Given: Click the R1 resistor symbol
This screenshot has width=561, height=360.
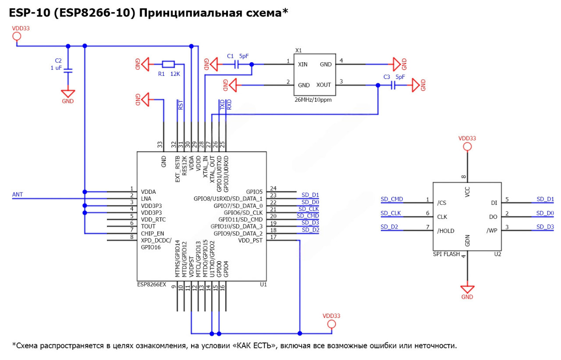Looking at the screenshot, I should [x=168, y=64].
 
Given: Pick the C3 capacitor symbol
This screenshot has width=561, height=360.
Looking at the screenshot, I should [x=393, y=86].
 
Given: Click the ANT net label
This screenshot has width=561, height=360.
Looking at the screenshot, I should [x=18, y=195].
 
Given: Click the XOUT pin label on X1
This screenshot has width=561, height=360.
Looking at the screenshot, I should [x=324, y=86].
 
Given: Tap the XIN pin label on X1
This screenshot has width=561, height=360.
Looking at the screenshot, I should [x=303, y=64].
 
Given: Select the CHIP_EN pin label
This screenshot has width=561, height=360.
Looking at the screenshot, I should [x=153, y=233].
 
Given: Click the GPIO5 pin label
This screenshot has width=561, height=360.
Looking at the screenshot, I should [x=254, y=192].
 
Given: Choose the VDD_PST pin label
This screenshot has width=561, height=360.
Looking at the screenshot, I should [x=250, y=240].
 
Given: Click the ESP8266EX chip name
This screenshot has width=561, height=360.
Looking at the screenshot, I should [x=152, y=285].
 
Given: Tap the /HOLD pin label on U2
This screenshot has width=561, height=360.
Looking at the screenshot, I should [x=446, y=231].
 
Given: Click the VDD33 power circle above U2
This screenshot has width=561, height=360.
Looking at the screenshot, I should [x=467, y=146].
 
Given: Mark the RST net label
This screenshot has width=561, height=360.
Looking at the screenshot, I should [x=181, y=105].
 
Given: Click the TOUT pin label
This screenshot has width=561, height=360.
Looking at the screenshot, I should [x=148, y=226].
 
